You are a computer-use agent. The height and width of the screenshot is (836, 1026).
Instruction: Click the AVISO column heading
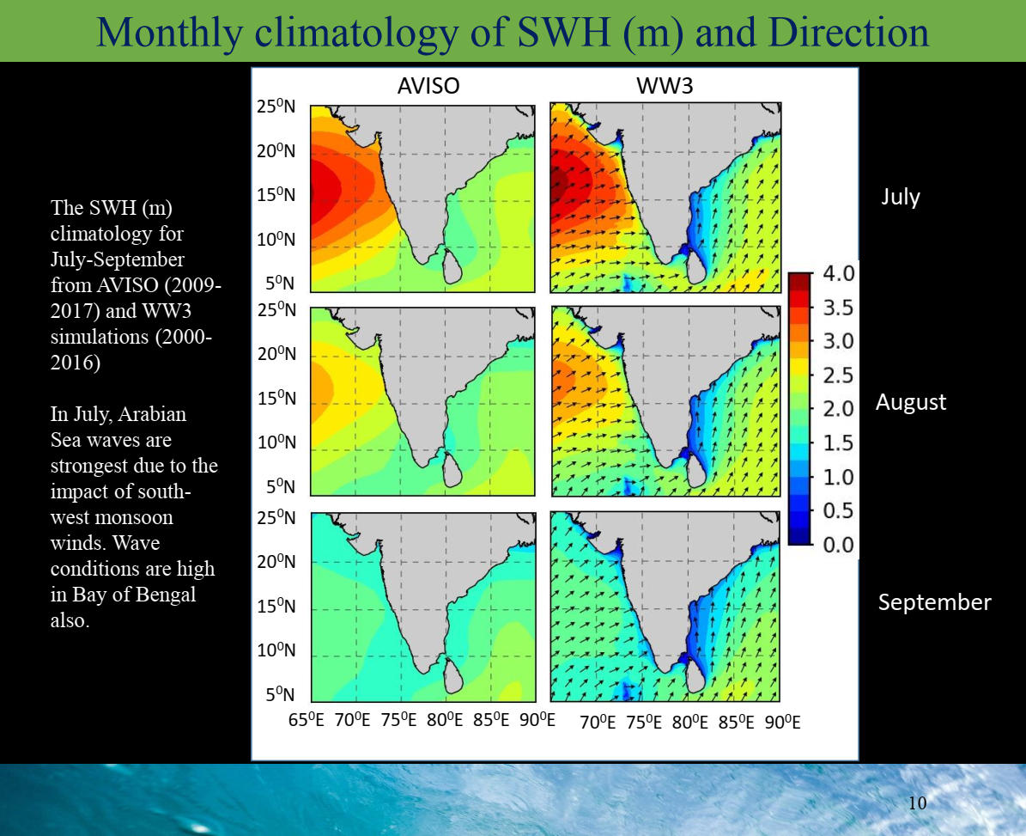click(428, 86)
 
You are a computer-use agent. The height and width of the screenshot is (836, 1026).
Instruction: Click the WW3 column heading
click(665, 86)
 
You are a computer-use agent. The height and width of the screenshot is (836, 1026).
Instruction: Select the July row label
click(901, 197)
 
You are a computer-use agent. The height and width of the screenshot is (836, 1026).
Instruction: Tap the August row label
click(911, 402)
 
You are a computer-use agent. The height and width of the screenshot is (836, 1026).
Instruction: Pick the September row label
click(934, 602)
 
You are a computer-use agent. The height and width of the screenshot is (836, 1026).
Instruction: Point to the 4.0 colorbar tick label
click(838, 273)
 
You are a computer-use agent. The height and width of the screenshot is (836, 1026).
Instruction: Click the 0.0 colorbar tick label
click(838, 545)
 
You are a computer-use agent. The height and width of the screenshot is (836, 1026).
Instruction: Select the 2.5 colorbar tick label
click(838, 375)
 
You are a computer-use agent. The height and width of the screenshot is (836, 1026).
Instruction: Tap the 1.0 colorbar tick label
click(838, 477)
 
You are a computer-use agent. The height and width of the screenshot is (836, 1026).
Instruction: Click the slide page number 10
click(917, 802)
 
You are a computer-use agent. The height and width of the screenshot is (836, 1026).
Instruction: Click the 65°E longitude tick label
click(307, 720)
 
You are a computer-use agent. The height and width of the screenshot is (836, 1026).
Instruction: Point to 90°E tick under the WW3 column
click(782, 722)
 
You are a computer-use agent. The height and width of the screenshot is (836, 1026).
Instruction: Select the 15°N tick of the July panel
click(276, 194)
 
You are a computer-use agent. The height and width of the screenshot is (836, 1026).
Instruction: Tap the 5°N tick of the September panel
click(280, 694)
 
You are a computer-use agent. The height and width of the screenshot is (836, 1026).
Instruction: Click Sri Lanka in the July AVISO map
click(452, 265)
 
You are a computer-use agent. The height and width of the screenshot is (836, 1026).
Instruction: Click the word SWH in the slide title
click(563, 32)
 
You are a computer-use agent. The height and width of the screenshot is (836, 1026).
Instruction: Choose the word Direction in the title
click(848, 32)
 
